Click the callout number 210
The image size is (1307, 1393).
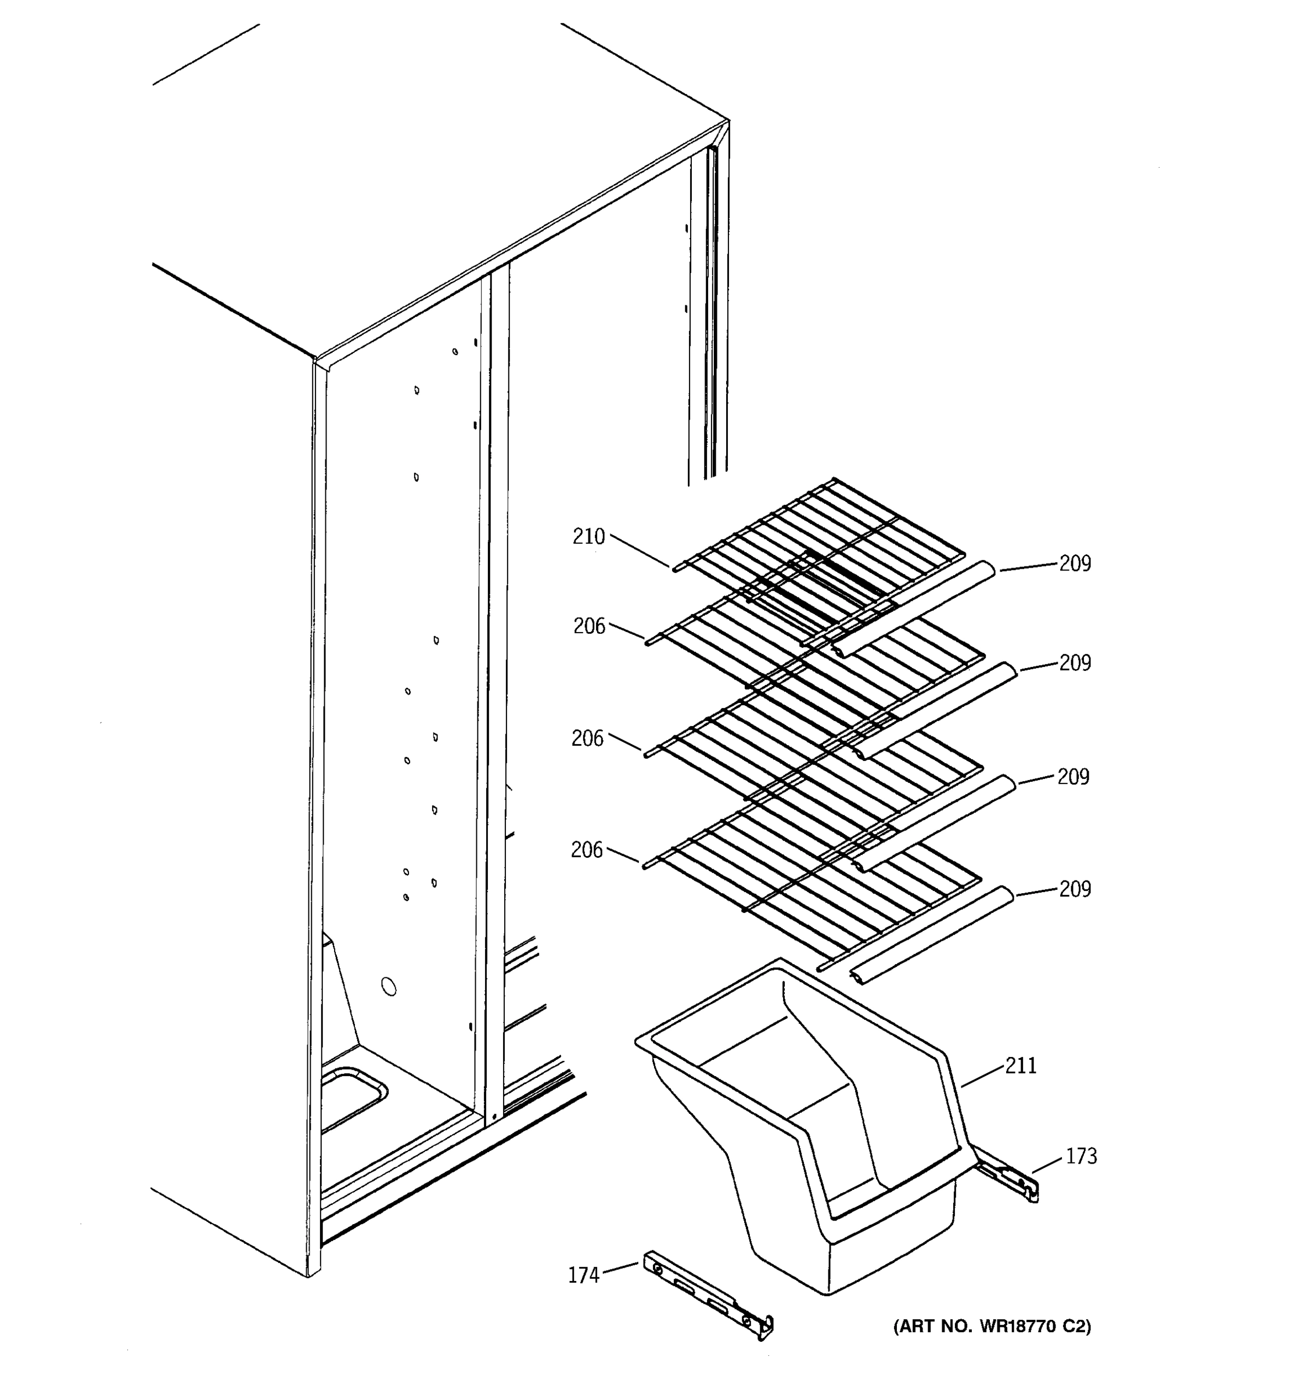(588, 537)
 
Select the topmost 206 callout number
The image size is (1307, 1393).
(589, 626)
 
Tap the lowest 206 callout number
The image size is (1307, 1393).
(587, 850)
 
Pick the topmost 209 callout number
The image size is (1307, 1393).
(1075, 564)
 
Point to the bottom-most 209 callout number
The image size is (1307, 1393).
(1075, 889)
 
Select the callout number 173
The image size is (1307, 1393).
(1081, 1156)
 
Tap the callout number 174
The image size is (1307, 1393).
(583, 1275)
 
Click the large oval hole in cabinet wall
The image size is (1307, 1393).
(389, 987)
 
